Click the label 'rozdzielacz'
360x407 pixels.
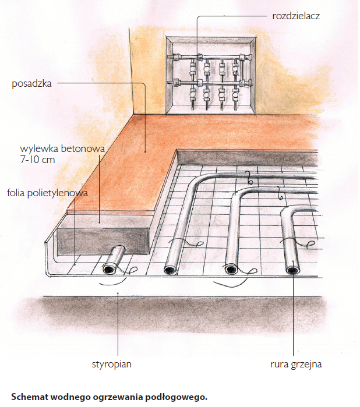tap(296, 16)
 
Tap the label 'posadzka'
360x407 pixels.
tap(31, 84)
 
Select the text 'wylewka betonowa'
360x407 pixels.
tap(62, 149)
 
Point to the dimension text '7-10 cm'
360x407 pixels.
tap(37, 160)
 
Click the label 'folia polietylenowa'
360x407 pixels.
tap(48, 193)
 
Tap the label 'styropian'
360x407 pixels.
tap(112, 364)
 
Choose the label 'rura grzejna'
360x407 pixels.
tap(296, 364)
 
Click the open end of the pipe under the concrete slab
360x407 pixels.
tap(110, 269)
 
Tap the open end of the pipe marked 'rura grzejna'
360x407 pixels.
tap(293, 270)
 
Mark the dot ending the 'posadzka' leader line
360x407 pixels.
tap(145, 151)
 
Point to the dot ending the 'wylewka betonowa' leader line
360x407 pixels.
tap(100, 222)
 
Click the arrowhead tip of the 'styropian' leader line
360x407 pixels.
tap(118, 293)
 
